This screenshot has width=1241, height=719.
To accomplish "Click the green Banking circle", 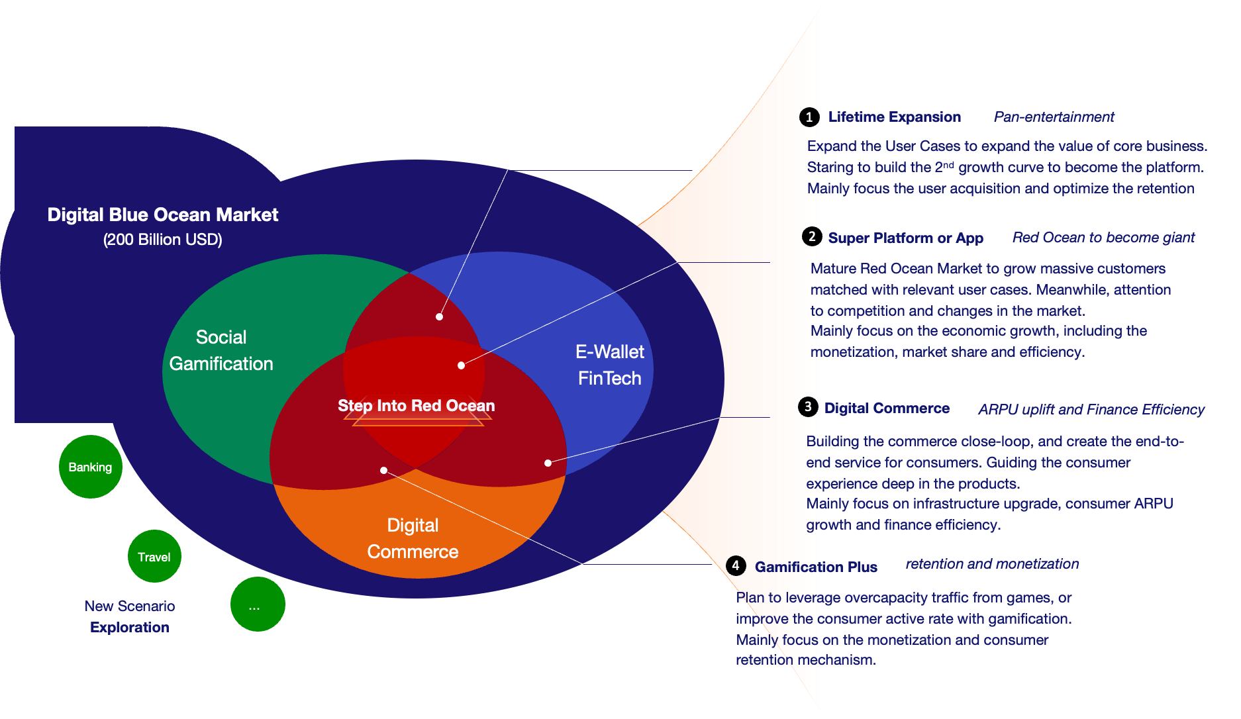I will (91, 467).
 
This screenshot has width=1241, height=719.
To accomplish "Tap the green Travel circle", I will (154, 557).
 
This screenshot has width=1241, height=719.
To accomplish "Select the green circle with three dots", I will (258, 604).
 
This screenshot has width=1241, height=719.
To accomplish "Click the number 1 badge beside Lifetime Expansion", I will (809, 117).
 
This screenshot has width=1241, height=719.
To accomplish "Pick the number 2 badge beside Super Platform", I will (812, 237).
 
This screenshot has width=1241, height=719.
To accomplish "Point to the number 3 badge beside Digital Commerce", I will (808, 407).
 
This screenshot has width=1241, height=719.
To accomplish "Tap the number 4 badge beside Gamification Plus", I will (736, 565).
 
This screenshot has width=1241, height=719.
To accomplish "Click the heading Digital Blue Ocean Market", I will (163, 215).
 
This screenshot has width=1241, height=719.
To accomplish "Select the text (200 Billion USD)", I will (163, 240).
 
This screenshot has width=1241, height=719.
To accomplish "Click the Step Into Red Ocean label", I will (417, 406).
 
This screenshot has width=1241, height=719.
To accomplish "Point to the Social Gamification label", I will (221, 350).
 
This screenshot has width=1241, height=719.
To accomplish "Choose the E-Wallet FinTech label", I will (610, 365).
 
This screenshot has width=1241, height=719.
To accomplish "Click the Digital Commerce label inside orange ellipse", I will (413, 538).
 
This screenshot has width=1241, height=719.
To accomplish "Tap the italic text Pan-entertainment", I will (1054, 117).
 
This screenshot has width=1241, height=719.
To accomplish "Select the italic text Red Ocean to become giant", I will (1103, 238).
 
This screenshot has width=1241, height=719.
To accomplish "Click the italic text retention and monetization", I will (992, 564).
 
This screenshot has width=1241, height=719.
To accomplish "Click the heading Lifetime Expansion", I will (895, 117).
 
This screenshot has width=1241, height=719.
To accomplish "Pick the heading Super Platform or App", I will (905, 238).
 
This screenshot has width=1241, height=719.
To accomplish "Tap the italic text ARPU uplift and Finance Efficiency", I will (1091, 410).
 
